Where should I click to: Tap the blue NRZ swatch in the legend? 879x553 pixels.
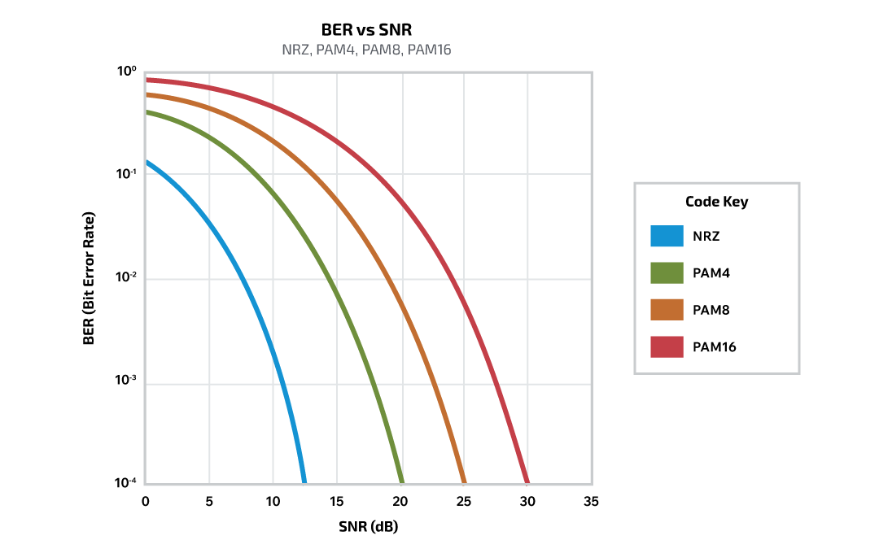(x=667, y=236)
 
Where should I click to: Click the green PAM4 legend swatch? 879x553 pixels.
(x=667, y=273)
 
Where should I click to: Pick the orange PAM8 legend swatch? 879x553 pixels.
(x=667, y=310)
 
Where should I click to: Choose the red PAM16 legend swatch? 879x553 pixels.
(x=667, y=347)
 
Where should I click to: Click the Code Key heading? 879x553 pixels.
(x=716, y=202)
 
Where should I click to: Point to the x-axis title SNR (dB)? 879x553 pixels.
(x=368, y=526)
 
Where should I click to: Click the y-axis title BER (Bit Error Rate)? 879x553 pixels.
(x=90, y=279)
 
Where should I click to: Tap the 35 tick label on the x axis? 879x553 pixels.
(x=591, y=502)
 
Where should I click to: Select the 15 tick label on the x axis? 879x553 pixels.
(x=336, y=502)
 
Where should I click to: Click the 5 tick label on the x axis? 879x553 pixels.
(x=209, y=502)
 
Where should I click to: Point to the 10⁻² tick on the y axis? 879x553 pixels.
(x=126, y=278)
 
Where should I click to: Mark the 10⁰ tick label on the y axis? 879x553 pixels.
(x=126, y=72)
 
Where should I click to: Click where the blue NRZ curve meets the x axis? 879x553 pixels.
(x=303, y=481)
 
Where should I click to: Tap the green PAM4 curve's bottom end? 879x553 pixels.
(x=400, y=481)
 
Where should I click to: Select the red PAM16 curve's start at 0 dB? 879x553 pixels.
(x=147, y=80)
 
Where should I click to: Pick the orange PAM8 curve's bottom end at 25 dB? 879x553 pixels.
(x=463, y=481)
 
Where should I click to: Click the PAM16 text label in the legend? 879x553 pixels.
(x=715, y=347)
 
